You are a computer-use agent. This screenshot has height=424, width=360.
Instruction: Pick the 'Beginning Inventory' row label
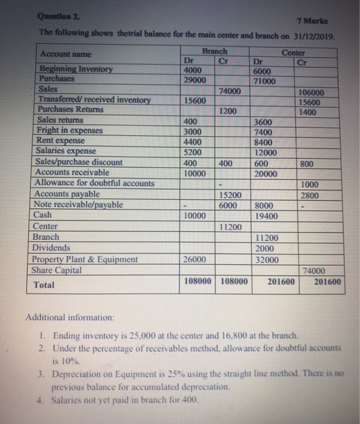tap(76, 69)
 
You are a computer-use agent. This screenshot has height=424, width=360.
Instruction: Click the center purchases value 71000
tap(265, 81)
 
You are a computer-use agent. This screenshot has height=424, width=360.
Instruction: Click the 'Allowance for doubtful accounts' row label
tap(95, 183)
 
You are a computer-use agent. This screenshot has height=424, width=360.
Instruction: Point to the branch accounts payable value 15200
tap(230, 195)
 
